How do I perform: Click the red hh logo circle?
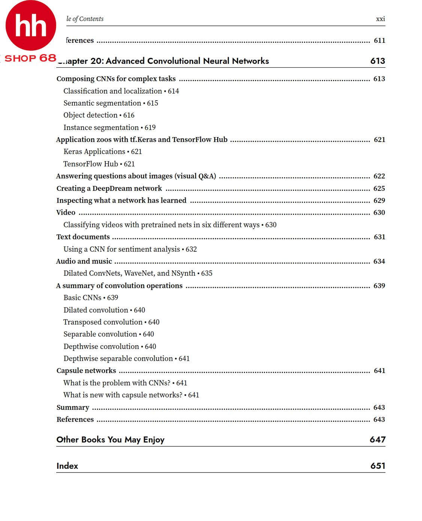point(31,26)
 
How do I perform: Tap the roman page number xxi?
point(380,19)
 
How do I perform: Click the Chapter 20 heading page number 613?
point(377,61)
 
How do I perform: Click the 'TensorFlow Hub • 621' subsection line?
point(99,164)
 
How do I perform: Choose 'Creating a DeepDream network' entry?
point(109,189)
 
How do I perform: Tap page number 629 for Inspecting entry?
point(379,201)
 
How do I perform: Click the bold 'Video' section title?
point(66,213)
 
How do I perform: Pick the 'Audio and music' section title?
point(84,261)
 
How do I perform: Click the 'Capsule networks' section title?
point(86,371)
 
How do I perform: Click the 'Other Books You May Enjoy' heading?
point(110,440)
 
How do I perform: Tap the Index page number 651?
point(378,466)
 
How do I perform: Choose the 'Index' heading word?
point(67,466)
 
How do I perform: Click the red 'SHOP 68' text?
point(30,58)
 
